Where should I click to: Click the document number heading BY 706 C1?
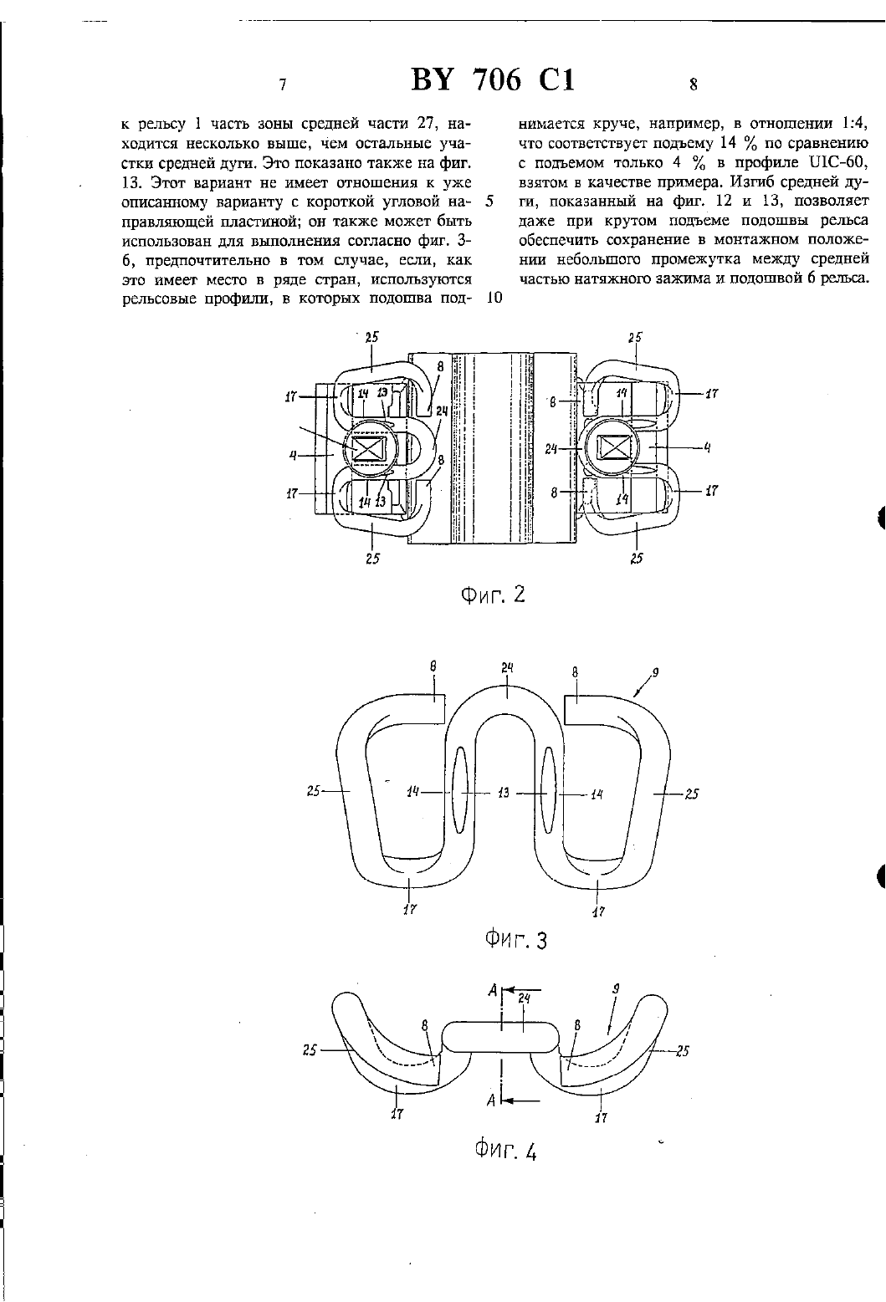pos(493,79)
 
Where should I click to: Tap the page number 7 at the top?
pos(283,84)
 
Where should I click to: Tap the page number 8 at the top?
pos(693,84)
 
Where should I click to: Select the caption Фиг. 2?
pos(493,595)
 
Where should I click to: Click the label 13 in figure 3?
pos(504,792)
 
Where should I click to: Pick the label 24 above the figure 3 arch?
pos(508,668)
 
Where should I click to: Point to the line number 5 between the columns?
pos(489,202)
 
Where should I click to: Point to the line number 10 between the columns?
pos(494,299)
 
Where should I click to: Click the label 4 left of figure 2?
pos(293,456)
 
